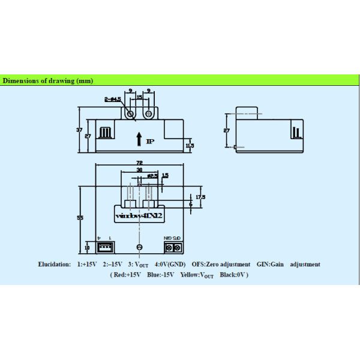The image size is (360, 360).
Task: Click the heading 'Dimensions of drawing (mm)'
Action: (47, 80)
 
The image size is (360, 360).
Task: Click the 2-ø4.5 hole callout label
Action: (112, 100)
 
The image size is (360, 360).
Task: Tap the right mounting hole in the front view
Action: (148, 113)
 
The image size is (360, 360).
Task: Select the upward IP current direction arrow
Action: (139, 140)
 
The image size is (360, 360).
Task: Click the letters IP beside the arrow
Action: (150, 141)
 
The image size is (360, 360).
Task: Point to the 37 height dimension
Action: (79, 130)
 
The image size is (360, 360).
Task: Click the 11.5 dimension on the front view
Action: (190, 146)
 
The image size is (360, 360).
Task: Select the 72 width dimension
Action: (140, 163)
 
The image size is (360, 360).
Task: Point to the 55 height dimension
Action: (80, 218)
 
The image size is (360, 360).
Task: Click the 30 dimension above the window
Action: (140, 170)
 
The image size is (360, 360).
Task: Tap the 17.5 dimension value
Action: (200, 196)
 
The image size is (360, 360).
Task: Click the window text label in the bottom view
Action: (139, 215)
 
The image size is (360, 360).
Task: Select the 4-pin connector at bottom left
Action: (105, 246)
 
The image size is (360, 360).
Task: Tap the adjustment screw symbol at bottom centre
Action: (139, 247)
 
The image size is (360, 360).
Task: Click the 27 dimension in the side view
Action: (226, 130)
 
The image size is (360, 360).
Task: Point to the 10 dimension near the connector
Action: (87, 247)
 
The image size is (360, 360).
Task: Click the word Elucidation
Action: (54, 264)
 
